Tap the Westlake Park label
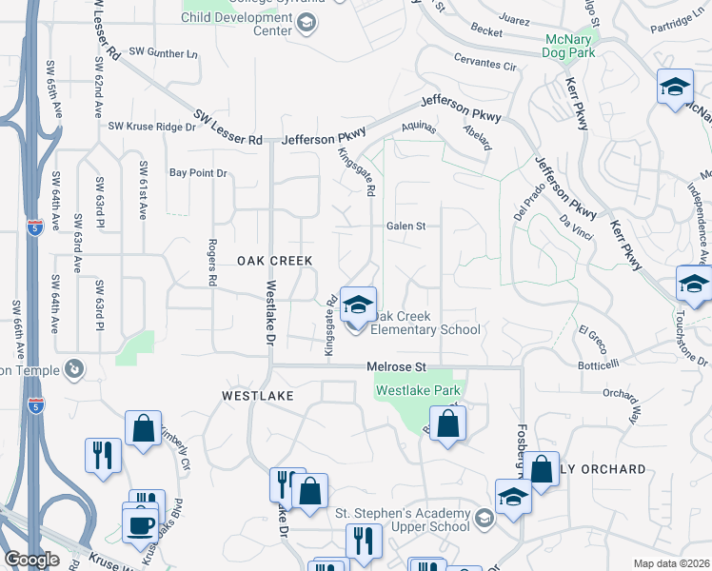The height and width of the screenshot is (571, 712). [418, 390]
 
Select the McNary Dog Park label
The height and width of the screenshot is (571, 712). [570, 47]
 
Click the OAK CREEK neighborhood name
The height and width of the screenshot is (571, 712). [274, 260]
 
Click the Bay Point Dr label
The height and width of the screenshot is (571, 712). [198, 173]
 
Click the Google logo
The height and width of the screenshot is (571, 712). [30, 559]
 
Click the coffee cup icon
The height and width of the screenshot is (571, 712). [141, 524]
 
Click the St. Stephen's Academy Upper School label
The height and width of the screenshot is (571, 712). [402, 520]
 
